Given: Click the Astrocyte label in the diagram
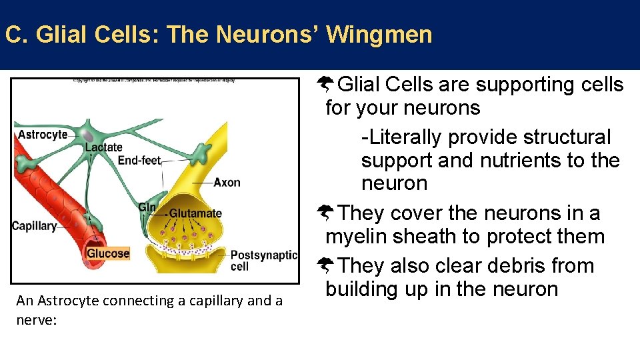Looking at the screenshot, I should tap(43, 135).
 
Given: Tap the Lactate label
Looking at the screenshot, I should tap(104, 147).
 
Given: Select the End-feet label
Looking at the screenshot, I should tap(139, 160).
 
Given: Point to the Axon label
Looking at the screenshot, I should tap(227, 183).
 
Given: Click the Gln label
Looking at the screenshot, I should tap(147, 207).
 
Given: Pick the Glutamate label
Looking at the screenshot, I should tap(195, 214).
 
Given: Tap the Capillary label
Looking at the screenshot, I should tap(34, 226).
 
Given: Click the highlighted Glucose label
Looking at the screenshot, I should tap(108, 253).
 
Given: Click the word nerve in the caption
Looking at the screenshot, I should tap(33, 320).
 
